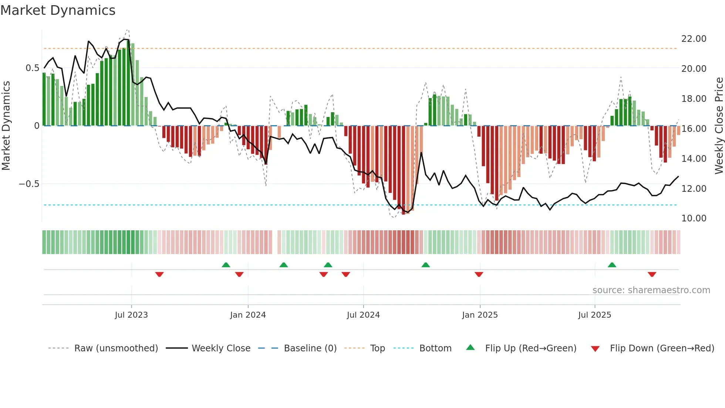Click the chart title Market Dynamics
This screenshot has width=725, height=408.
[58, 10]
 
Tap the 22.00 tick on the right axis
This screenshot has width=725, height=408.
[694, 39]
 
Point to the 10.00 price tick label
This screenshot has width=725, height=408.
[694, 218]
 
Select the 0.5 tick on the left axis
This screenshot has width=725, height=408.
[32, 68]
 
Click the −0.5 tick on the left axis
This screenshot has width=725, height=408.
[29, 184]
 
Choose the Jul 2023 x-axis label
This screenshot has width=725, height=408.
[131, 315]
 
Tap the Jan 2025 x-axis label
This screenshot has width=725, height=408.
[480, 315]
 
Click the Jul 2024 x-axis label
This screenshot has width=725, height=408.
[363, 315]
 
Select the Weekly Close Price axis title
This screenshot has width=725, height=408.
[719, 126]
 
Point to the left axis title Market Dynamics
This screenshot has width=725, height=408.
[6, 126]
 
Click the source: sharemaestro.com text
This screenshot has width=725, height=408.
[651, 290]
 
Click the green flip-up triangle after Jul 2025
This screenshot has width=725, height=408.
[612, 265]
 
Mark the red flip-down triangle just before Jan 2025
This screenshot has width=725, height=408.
[479, 274]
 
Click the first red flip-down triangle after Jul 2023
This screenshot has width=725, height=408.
[159, 274]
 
